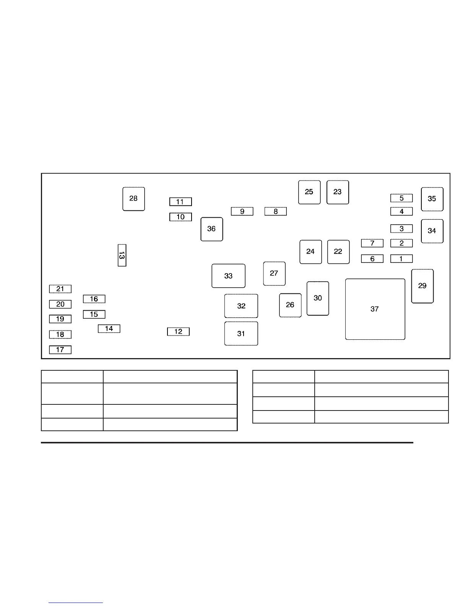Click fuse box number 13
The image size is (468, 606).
[122, 255]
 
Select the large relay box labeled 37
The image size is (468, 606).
[375, 309]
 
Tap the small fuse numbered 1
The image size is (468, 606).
[401, 259]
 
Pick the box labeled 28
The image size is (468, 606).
[133, 199]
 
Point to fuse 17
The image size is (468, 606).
[60, 350]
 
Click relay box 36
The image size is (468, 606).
[211, 229]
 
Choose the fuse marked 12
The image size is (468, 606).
[178, 332]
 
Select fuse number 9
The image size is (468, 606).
[242, 211]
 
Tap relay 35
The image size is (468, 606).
[432, 199]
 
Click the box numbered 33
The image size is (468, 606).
[228, 276]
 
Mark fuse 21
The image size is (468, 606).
[60, 289]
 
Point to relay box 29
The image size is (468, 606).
[422, 286]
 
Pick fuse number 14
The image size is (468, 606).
[109, 329]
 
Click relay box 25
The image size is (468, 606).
[309, 192]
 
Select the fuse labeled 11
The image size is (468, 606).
[180, 202]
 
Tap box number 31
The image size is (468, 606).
[241, 334]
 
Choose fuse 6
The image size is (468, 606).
[372, 259]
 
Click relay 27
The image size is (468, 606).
[274, 274]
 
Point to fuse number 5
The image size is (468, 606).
[401, 198]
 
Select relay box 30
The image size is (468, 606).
[318, 298]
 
